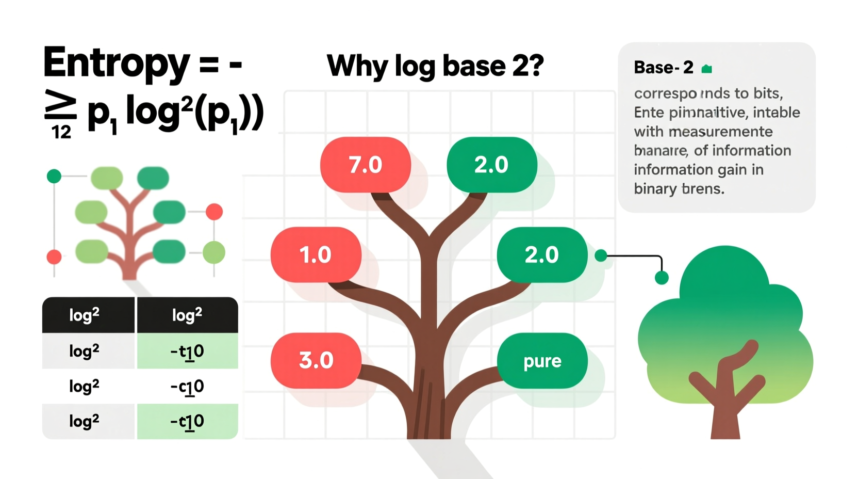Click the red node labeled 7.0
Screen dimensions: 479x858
pos(365,165)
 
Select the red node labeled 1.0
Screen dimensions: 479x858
pos(316,254)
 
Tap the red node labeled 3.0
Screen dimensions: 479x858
pos(316,360)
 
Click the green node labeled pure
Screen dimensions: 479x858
pos(542,361)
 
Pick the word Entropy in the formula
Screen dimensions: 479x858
pos(117,63)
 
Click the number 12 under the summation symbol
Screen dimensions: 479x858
pos(61,132)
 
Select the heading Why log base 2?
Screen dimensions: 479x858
pos(435,66)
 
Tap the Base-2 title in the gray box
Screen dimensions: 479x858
pos(663,68)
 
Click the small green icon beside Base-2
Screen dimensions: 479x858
pos(707,69)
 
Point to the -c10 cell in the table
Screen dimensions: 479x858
pos(187,386)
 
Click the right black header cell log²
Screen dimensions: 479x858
pos(187,315)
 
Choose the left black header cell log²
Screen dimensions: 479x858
pos(84,315)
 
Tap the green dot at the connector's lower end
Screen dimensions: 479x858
pos(662,278)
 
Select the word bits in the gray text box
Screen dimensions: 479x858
pos(767,93)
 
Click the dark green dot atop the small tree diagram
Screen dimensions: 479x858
pos(54,177)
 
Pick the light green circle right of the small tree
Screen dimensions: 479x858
pos(213,252)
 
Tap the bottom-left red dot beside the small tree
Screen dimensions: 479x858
pos(54,257)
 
